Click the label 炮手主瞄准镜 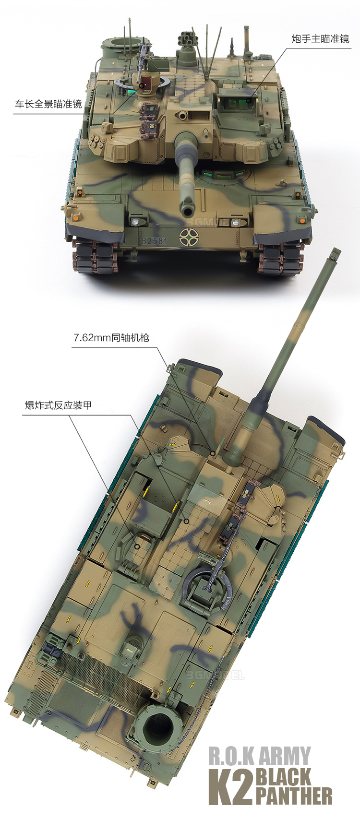pos(321,39)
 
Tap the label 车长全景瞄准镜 pos(48,104)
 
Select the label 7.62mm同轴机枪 pos(111,337)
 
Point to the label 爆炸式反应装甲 pos(58,405)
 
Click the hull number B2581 pos(155,241)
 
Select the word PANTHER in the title pos(294,796)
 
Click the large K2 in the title pos(230,787)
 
